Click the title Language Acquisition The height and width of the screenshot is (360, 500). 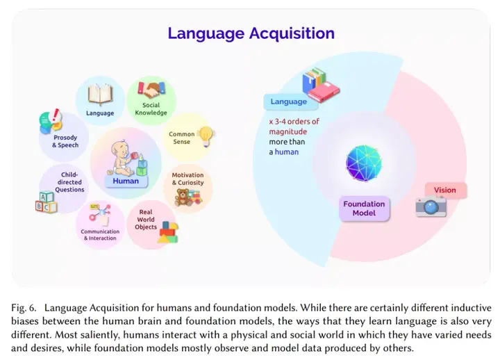[251, 33]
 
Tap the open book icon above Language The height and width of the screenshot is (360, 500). [100, 92]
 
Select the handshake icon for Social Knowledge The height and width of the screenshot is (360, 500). [150, 89]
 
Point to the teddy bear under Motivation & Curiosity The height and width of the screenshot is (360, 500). [185, 198]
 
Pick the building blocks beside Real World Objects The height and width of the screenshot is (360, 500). [167, 232]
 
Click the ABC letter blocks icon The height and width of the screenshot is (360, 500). [47, 202]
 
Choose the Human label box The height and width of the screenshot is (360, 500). [126, 181]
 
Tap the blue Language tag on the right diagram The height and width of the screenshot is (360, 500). [288, 101]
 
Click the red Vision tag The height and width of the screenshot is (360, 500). [445, 190]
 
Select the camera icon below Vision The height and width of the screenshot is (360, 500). [431, 206]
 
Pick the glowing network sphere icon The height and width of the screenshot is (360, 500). [364, 161]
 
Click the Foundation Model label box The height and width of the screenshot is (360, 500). [364, 208]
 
